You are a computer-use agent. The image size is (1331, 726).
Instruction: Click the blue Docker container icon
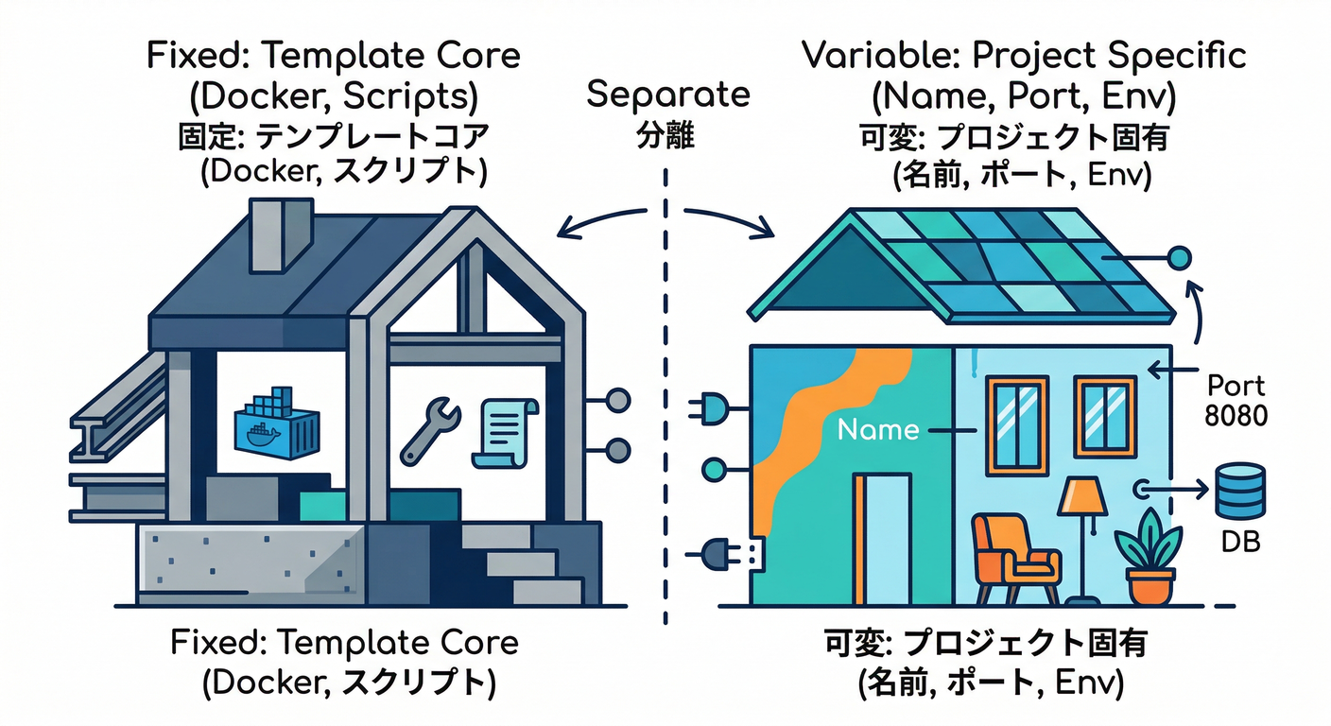273,423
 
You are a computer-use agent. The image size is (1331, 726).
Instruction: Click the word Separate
668,95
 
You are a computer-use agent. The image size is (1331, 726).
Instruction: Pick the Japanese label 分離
667,136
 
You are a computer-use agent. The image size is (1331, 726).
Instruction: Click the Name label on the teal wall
878,430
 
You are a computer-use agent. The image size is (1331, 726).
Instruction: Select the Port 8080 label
1236,400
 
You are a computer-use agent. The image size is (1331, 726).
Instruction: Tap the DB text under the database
1239,544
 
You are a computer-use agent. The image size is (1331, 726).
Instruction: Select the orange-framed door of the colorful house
882,539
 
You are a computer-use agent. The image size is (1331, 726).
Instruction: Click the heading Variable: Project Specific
1024,55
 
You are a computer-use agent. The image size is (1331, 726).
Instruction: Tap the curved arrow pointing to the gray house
599,223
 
